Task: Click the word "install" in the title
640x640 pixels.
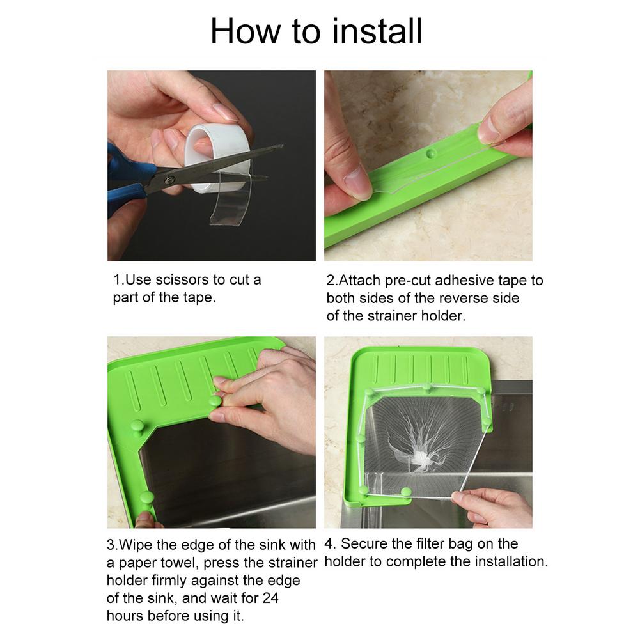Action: pyautogui.click(x=377, y=31)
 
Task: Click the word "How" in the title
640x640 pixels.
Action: pyautogui.click(x=246, y=31)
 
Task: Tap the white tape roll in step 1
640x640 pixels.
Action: pyautogui.click(x=215, y=159)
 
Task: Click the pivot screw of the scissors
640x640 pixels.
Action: pyautogui.click(x=170, y=179)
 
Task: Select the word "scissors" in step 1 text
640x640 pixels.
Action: pyautogui.click(x=182, y=280)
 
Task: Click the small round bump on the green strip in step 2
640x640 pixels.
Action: pyautogui.click(x=430, y=153)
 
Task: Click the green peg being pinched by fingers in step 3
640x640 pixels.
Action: pyautogui.click(x=215, y=401)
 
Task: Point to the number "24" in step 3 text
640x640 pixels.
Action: pyautogui.click(x=270, y=598)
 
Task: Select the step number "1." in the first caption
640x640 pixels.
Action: pyautogui.click(x=119, y=280)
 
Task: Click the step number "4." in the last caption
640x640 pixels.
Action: pyautogui.click(x=330, y=544)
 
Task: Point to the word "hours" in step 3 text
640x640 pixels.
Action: pyautogui.click(x=125, y=616)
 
